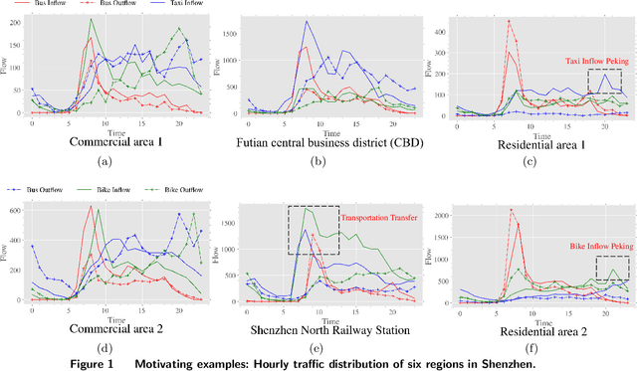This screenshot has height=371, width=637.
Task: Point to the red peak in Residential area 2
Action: (x=511, y=210)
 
